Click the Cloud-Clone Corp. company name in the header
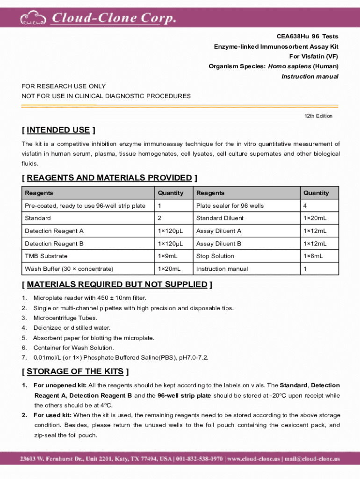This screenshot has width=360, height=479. [114, 18]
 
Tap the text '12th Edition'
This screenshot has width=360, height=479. [318, 116]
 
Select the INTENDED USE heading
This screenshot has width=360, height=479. [58, 130]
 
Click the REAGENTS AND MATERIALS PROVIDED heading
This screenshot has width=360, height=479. [109, 178]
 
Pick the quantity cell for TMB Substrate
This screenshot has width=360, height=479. [167, 256]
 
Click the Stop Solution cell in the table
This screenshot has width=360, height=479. [216, 256]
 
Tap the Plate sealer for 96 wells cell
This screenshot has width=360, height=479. [230, 206]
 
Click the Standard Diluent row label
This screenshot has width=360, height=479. [220, 218]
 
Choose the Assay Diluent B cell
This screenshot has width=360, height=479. [219, 244]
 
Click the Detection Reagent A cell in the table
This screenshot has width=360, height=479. [54, 231]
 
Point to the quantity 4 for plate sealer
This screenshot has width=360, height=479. [305, 206]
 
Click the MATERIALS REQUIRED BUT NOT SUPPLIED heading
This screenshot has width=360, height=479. [117, 284]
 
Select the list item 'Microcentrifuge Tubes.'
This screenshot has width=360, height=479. [65, 318]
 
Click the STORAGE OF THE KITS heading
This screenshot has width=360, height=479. [75, 371]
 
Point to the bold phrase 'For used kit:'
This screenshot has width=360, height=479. [52, 415]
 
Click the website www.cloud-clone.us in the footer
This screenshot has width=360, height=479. [254, 459]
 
